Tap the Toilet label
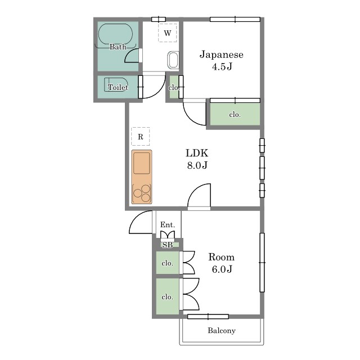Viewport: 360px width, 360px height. [x=118, y=87]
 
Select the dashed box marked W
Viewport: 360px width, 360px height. [x=168, y=33]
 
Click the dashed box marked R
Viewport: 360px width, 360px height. [x=141, y=136]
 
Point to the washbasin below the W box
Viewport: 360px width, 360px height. [x=173, y=60]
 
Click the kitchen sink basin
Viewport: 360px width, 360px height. [x=142, y=163]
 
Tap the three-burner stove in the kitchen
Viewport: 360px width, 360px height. [x=142, y=193]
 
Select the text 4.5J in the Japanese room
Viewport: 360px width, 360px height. [x=222, y=67]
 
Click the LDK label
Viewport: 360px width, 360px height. [x=197, y=153]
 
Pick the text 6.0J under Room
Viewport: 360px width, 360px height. [x=222, y=269]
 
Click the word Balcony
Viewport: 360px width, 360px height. [x=222, y=331]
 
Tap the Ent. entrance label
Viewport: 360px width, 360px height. [x=168, y=224]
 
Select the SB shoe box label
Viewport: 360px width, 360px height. [x=168, y=245]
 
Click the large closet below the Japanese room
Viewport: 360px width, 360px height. [x=235, y=114]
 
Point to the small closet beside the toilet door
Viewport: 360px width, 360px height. [x=174, y=87]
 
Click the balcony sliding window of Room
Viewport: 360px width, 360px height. [x=208, y=317]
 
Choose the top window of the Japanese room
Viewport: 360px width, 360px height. [x=235, y=19]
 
